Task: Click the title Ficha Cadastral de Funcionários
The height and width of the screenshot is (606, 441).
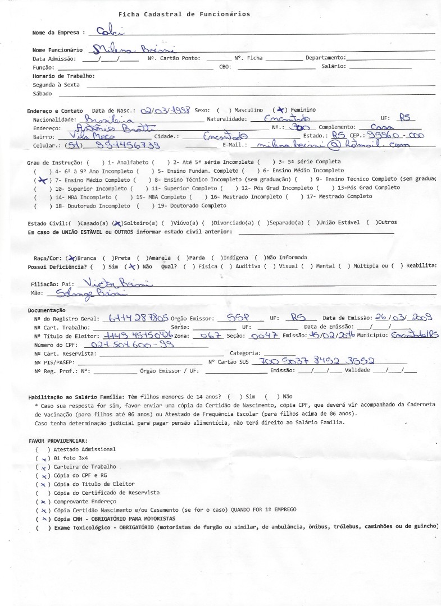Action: click(x=184, y=14)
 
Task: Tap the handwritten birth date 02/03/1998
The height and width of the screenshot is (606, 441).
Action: click(x=166, y=109)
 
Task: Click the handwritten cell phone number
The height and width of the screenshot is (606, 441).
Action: click(x=113, y=145)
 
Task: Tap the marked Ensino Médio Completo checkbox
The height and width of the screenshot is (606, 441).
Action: click(x=40, y=180)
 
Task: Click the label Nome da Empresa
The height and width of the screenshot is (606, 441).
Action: click(x=59, y=33)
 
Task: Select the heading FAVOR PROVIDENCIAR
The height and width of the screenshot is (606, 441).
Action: click(x=58, y=441)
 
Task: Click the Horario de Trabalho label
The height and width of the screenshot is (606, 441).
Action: click(x=63, y=76)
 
